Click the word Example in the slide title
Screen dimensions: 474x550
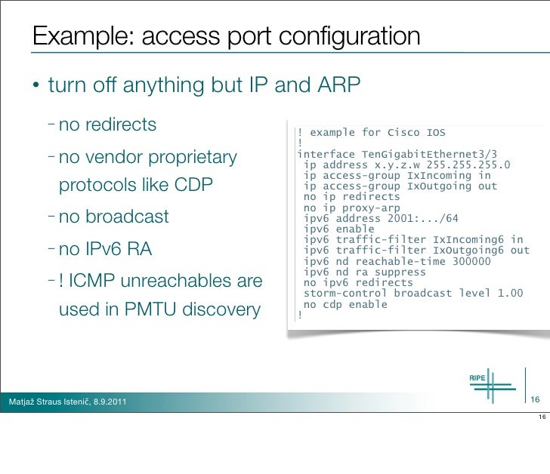(79, 37)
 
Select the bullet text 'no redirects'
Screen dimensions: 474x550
(107, 125)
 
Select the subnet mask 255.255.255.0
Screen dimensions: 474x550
(463, 165)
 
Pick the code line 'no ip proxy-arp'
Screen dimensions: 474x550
(352, 208)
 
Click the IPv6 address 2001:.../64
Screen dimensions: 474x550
(415, 219)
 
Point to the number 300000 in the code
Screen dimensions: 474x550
(464, 261)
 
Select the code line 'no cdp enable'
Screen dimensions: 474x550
(345, 304)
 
